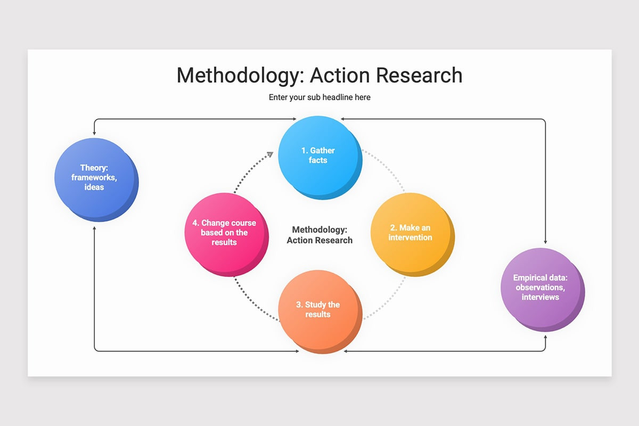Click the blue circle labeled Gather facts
318,156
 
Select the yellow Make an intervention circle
411,233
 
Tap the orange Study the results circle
318,310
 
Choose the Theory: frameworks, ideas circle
95,178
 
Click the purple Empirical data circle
541,288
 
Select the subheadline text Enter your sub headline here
319,97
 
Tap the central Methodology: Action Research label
319,235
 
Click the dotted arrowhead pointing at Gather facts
269,154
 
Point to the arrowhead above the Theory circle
95,131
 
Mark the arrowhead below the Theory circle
95,228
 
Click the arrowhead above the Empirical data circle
545,242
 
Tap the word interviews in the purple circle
540,297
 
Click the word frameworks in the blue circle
94,178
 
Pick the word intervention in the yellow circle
410,237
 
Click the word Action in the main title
340,75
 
